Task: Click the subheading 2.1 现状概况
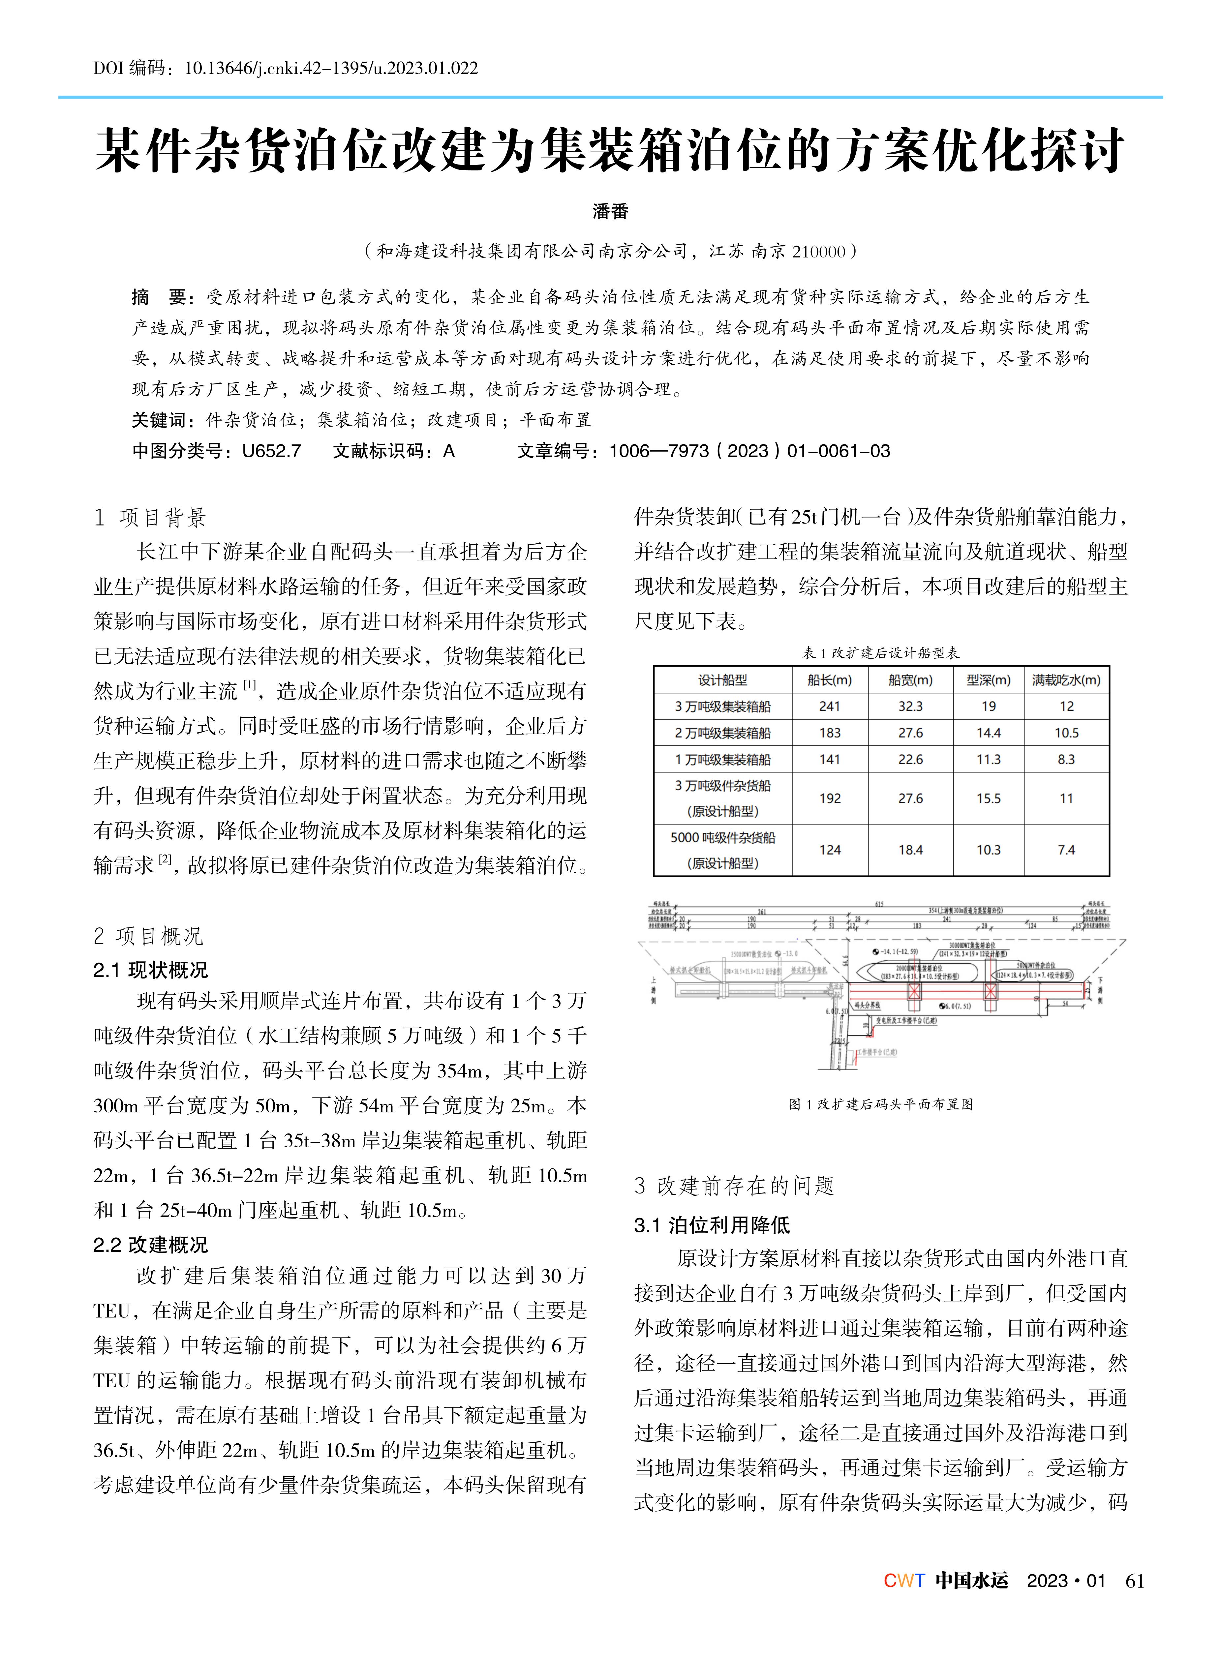[151, 970]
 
